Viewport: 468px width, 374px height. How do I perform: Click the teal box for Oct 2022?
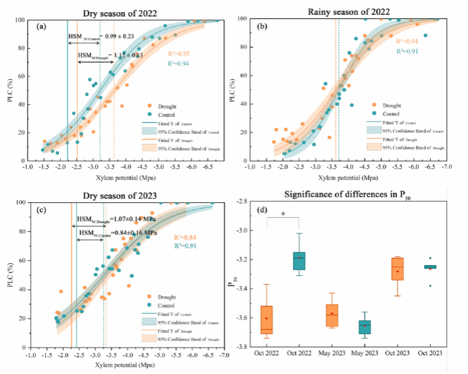(299, 260)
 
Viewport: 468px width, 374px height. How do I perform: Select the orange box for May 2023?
(331, 314)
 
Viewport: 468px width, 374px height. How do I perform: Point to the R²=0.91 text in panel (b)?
(406, 51)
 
